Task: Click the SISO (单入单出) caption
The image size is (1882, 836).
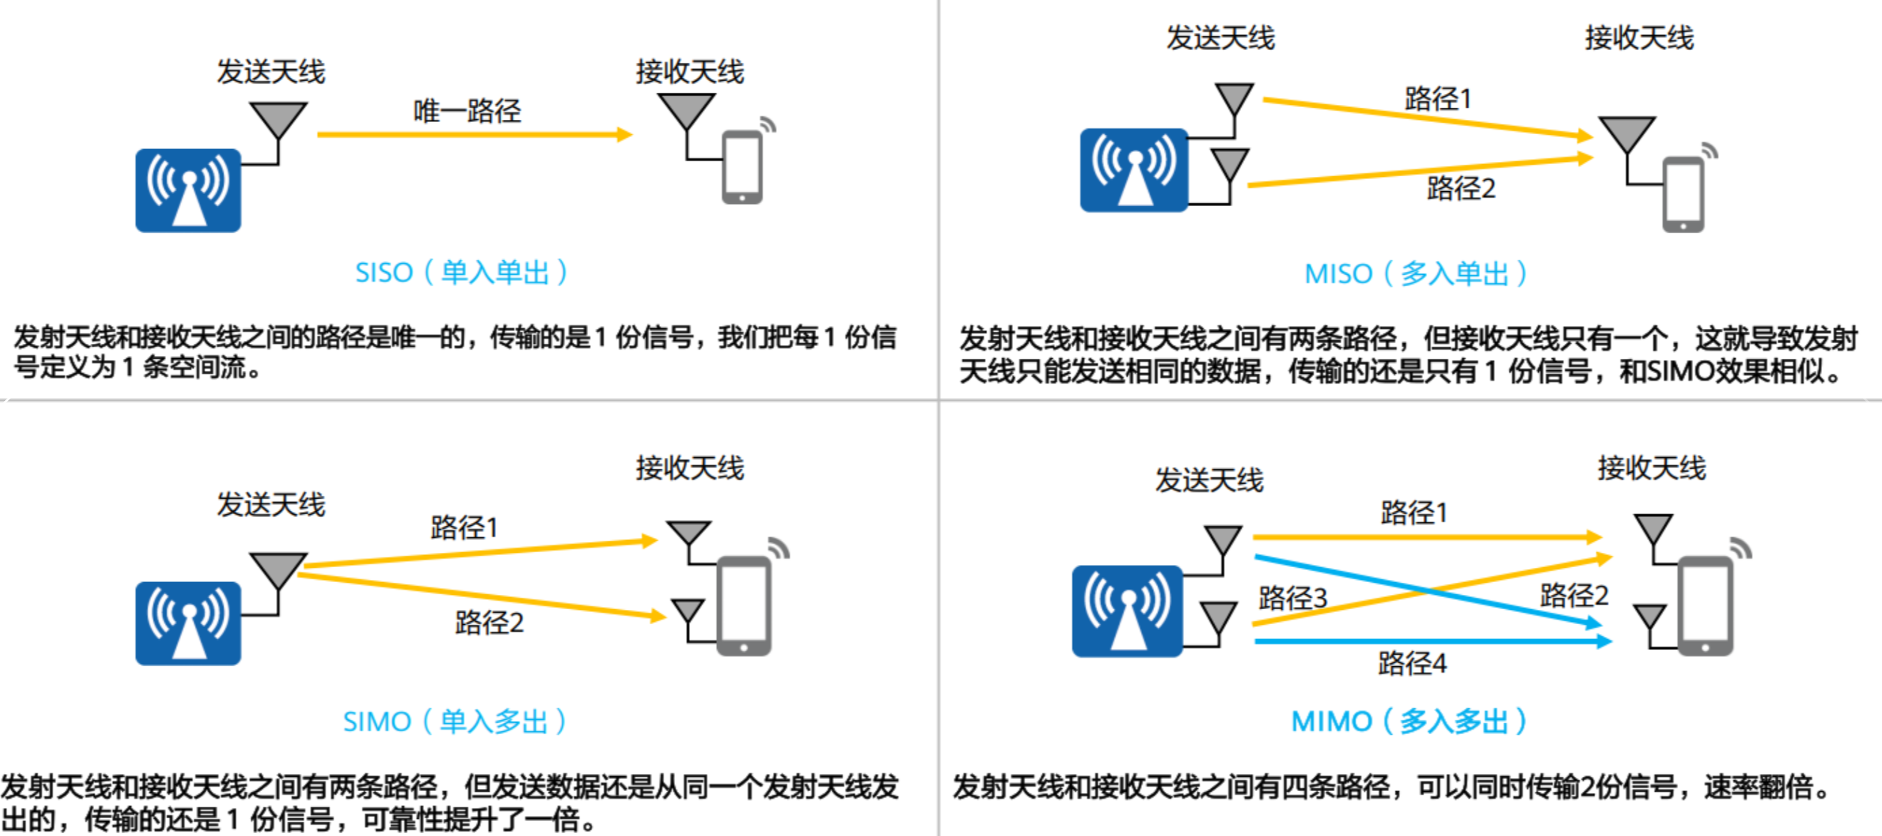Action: click(x=461, y=272)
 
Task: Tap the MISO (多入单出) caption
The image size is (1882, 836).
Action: click(x=1415, y=274)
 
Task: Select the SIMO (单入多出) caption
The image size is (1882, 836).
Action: click(x=454, y=721)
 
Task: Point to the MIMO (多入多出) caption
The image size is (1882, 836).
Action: click(x=1409, y=721)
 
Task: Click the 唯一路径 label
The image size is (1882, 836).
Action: click(x=467, y=111)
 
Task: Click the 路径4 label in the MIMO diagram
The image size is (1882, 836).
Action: click(x=1411, y=663)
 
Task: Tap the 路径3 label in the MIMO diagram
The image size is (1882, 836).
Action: click(x=1292, y=598)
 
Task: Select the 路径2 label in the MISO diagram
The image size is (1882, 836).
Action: click(x=1461, y=188)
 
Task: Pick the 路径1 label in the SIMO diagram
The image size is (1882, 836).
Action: click(x=464, y=527)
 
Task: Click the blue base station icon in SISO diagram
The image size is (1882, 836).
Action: click(x=187, y=190)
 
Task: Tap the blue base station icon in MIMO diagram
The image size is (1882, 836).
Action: click(x=1126, y=611)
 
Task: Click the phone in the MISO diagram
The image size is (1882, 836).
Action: click(x=1683, y=195)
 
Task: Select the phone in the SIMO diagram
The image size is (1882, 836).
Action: click(x=744, y=606)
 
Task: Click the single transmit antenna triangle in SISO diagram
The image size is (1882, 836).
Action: click(x=277, y=118)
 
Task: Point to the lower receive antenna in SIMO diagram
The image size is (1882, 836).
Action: click(x=687, y=611)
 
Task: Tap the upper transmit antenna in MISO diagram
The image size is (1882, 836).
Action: click(x=1234, y=97)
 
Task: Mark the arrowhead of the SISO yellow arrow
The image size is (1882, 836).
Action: click(x=624, y=135)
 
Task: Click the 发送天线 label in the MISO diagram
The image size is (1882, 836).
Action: click(x=1220, y=38)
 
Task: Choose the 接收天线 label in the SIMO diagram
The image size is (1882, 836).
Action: click(x=689, y=468)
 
